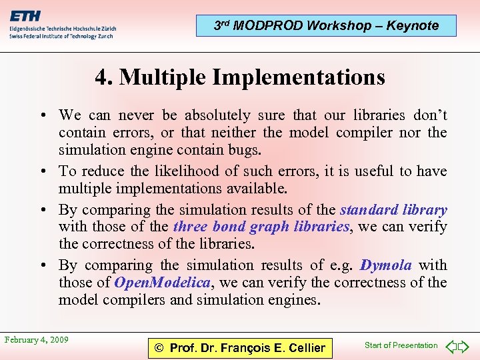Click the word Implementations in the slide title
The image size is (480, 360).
click(x=299, y=77)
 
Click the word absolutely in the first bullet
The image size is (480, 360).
click(x=218, y=115)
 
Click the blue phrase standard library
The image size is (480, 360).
click(x=393, y=210)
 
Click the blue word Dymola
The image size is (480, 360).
click(x=386, y=265)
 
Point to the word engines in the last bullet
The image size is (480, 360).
click(x=294, y=300)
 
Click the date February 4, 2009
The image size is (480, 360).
click(x=37, y=340)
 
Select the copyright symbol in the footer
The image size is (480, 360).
click(x=159, y=348)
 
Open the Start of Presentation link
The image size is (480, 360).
click(x=401, y=345)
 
